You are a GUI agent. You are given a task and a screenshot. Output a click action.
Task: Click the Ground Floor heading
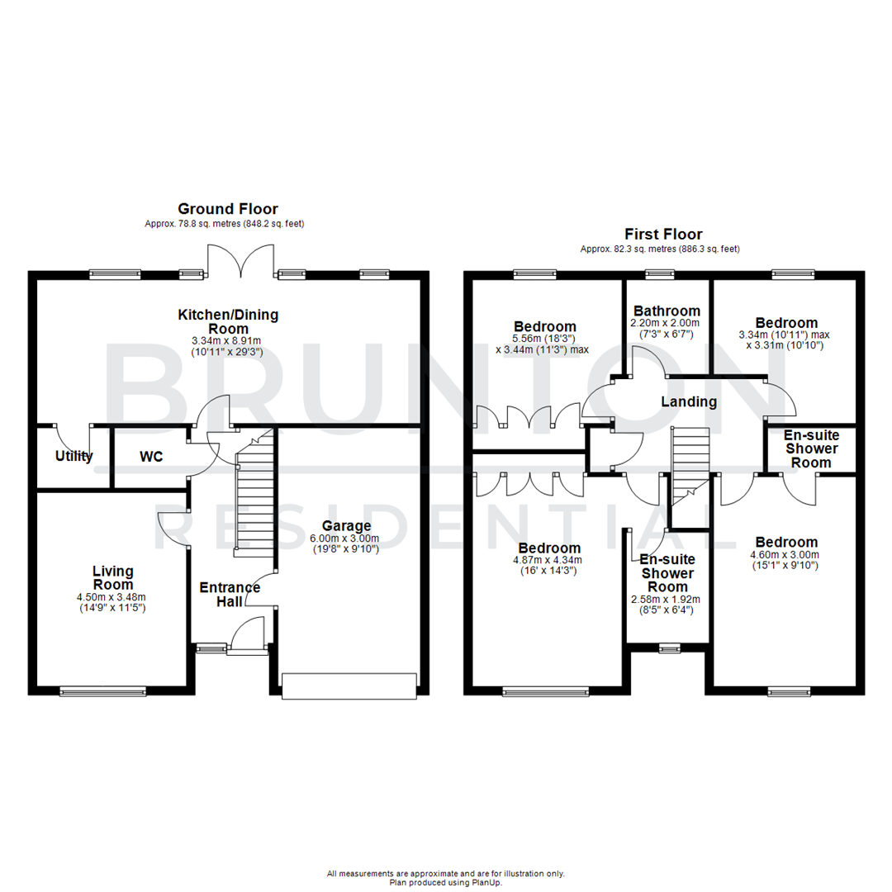click(x=229, y=209)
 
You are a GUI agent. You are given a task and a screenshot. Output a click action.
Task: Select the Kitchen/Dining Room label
click(x=229, y=320)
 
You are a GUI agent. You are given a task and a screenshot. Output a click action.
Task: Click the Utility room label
click(x=74, y=456)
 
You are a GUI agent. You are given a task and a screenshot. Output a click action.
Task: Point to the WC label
click(x=151, y=456)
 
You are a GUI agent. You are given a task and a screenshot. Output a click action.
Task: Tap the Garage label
click(x=346, y=526)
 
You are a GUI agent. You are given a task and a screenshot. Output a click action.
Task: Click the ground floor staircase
click(x=254, y=504)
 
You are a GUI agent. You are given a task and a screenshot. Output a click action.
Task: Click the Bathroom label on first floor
click(x=665, y=311)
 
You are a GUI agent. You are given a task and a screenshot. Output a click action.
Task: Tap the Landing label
click(x=688, y=402)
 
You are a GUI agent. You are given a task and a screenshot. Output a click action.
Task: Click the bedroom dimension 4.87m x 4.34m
click(x=549, y=560)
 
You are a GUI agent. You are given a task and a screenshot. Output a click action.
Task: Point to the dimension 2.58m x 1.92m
click(x=667, y=600)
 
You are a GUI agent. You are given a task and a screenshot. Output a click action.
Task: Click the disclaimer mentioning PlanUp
click(x=446, y=877)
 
